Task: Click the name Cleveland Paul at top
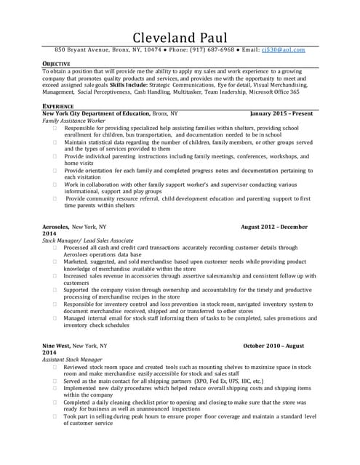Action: [180, 37]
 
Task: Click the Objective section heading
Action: [56, 64]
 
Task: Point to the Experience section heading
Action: [57, 106]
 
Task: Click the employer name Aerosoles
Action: [55, 227]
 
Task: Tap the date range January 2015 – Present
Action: [281, 114]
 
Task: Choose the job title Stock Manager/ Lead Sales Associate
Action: [87, 240]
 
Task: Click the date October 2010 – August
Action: [273, 347]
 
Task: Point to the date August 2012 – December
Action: [274, 227]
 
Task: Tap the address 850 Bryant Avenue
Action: [81, 50]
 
